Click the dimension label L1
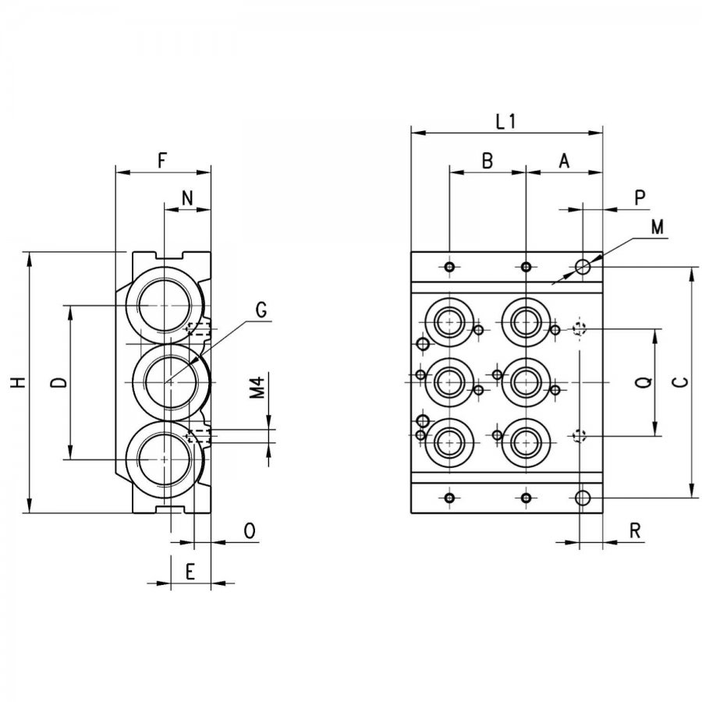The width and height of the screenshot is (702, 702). pyautogui.click(x=506, y=122)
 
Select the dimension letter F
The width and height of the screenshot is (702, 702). pyautogui.click(x=162, y=160)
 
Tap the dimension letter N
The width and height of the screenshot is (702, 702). pyautogui.click(x=187, y=198)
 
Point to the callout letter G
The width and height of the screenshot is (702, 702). pyautogui.click(x=261, y=310)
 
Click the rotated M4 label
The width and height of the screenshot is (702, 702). pyautogui.click(x=258, y=387)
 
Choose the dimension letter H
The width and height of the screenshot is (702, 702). pyautogui.click(x=19, y=382)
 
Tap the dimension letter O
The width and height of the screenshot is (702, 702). pyautogui.click(x=250, y=530)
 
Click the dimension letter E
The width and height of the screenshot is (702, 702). pyautogui.click(x=190, y=572)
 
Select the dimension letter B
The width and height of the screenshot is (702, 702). pyautogui.click(x=487, y=161)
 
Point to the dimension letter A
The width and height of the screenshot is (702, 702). pyautogui.click(x=564, y=161)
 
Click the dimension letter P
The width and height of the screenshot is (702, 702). pyautogui.click(x=640, y=198)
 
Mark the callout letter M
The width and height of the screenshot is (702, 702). pyautogui.click(x=657, y=228)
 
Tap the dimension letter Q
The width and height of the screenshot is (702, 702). pyautogui.click(x=644, y=382)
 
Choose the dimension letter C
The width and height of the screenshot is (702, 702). pyautogui.click(x=682, y=382)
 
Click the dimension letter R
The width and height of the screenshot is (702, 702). pyautogui.click(x=635, y=531)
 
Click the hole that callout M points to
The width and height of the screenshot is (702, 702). pyautogui.click(x=583, y=267)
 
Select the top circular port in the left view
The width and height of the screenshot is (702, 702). pyautogui.click(x=165, y=305)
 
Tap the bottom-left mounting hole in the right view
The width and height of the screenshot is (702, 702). pyautogui.click(x=450, y=498)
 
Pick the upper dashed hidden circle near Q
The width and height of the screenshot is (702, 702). pyautogui.click(x=580, y=329)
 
